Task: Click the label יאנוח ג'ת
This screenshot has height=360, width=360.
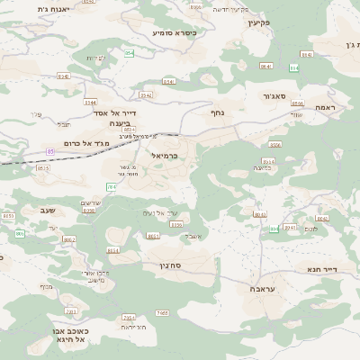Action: [x=28, y=9]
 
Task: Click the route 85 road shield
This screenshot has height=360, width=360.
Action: [x=51, y=152]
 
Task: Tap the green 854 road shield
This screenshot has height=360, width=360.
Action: [x=129, y=53]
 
